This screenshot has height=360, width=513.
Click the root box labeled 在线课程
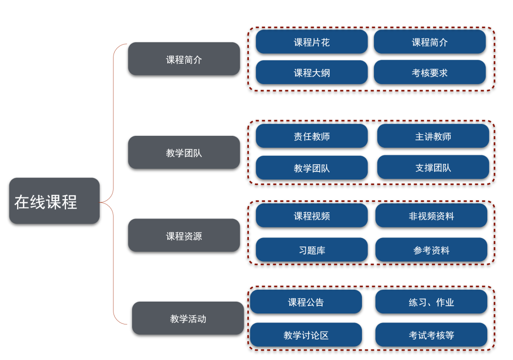[54, 201]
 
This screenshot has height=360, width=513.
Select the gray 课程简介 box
[184, 59]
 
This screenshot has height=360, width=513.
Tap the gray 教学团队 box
[184, 153]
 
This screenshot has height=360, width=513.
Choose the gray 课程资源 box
[184, 236]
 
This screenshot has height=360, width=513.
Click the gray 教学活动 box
[188, 318]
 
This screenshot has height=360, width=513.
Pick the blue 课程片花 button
[312, 42]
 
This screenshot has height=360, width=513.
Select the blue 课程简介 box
[429, 42]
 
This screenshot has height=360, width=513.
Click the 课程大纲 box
[312, 73]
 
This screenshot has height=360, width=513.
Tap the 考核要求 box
[429, 73]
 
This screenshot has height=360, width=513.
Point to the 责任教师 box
[312, 136]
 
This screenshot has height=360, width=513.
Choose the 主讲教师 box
[433, 136]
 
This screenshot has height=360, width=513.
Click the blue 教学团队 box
[312, 168]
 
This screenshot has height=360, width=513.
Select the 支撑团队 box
[433, 167]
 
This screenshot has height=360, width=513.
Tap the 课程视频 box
[312, 216]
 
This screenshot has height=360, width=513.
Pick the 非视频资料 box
[431, 216]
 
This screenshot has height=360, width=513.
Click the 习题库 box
[312, 250]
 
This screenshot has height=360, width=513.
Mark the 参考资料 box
[431, 250]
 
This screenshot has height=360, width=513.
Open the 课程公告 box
[306, 302]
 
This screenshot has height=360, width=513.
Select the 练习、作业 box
[431, 302]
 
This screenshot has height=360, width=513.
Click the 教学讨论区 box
[306, 335]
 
